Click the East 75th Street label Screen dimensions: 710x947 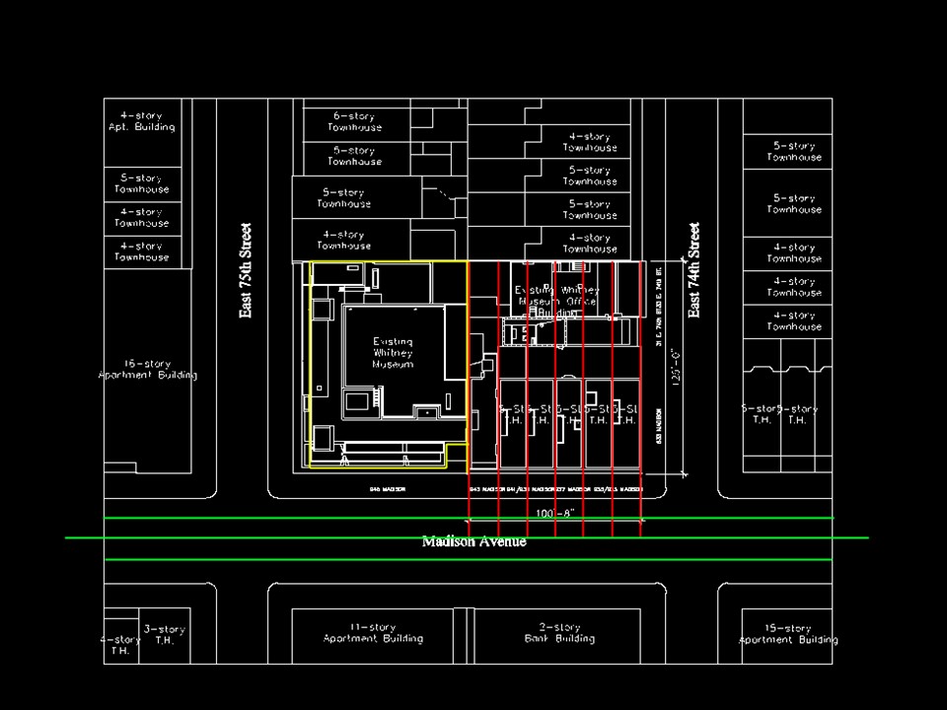pos(246,270)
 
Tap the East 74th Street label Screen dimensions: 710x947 pos(694,270)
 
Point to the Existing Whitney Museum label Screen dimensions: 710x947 pos(393,352)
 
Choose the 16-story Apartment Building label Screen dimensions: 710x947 pos(148,370)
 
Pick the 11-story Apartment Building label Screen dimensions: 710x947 pos(373,633)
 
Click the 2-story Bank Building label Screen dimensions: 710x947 pos(559,633)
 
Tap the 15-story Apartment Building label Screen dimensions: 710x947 pos(788,634)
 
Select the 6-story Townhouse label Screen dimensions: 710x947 pos(355,122)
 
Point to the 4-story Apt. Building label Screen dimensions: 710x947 pos(142,121)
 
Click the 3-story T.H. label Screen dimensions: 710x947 pos(164,634)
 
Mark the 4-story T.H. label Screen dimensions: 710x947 pos(119,645)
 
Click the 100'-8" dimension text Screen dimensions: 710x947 pos(554,514)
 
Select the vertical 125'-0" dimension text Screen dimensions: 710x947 pos(676,366)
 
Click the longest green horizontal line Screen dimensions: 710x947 pos(467,537)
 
